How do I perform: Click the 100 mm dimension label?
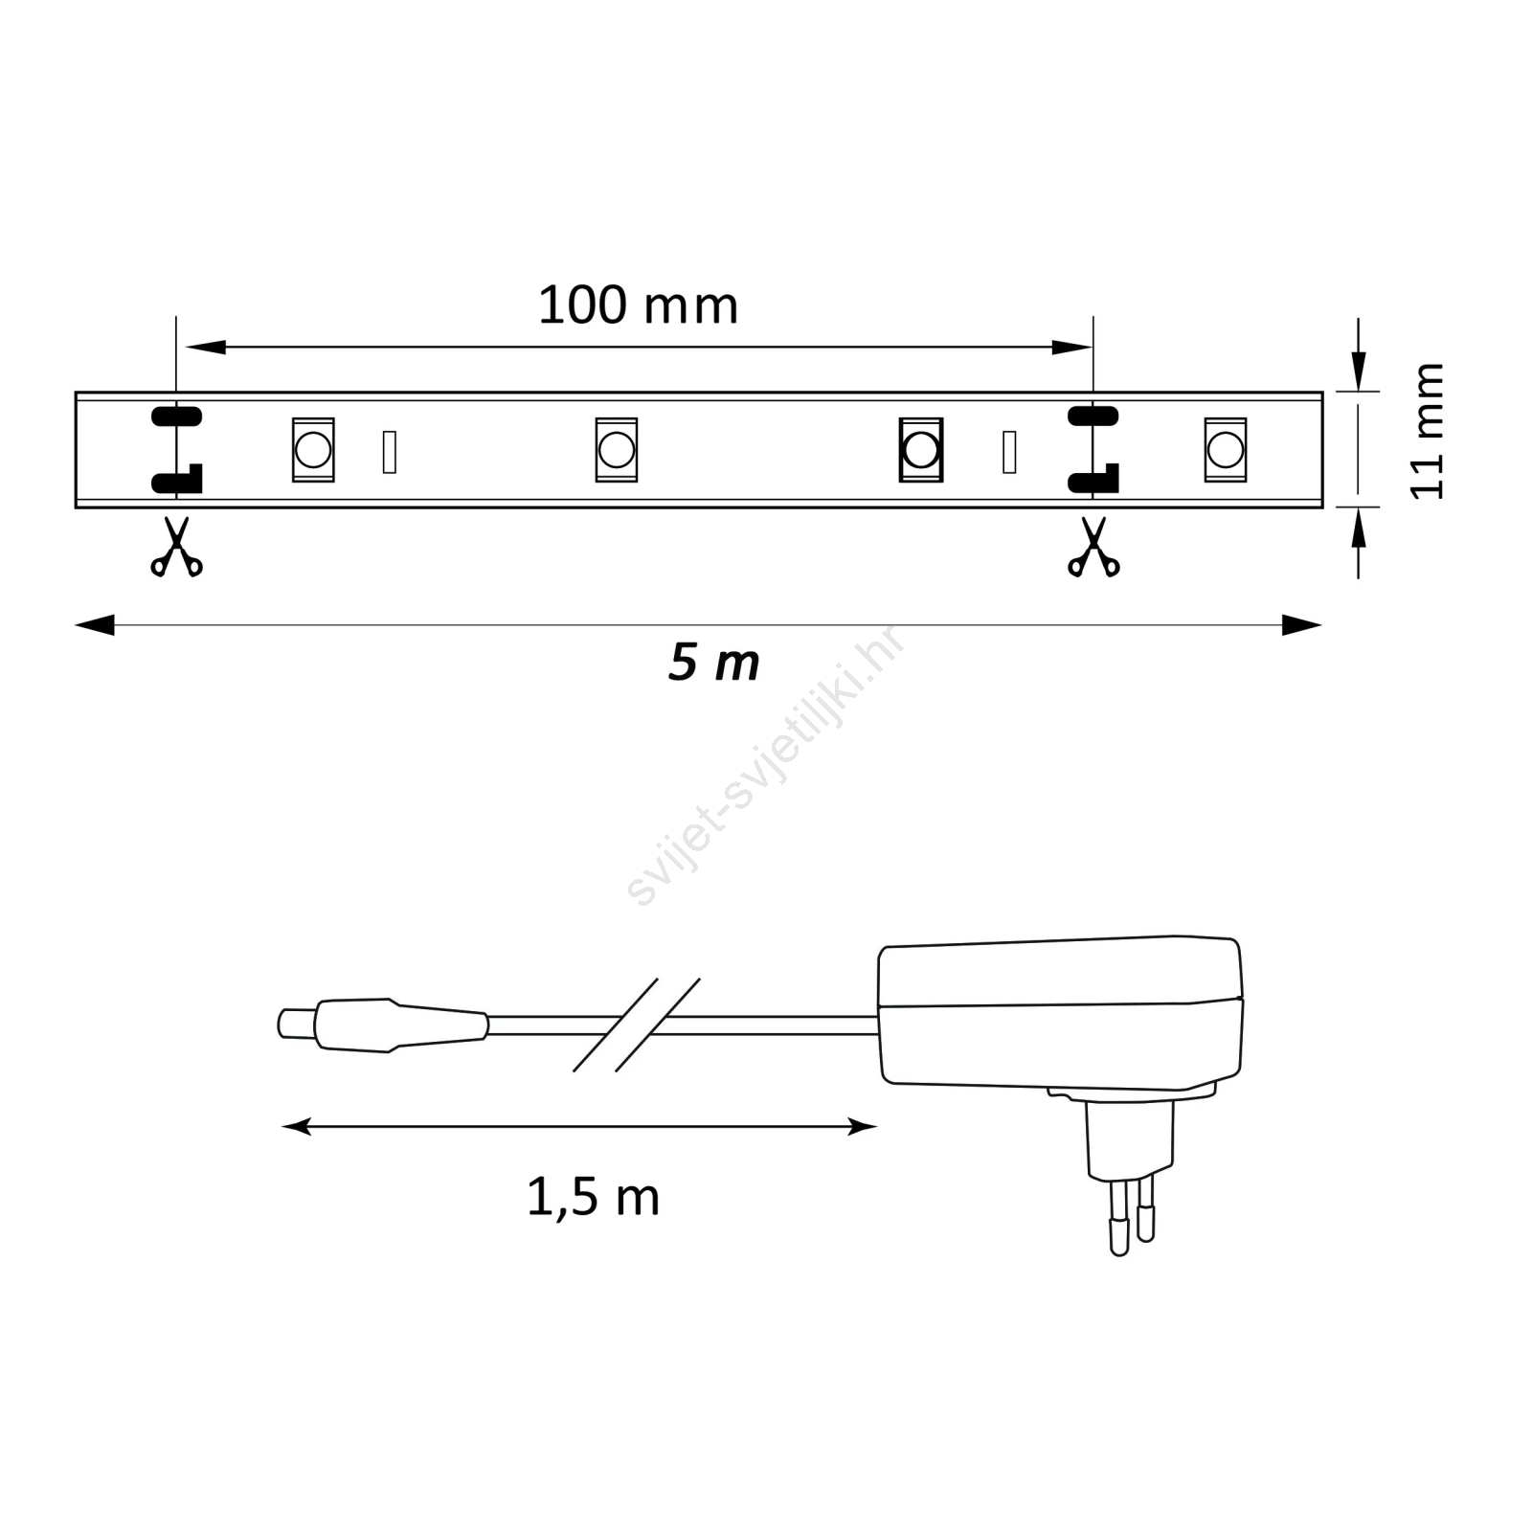[638, 306]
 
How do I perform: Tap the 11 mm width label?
[1427, 430]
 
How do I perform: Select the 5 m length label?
[713, 663]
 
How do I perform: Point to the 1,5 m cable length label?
[593, 1197]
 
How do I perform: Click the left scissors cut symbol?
[176, 548]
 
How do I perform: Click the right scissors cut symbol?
[1093, 548]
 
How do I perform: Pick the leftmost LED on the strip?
[313, 449]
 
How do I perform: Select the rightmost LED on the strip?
[1225, 449]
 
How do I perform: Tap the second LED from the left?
[616, 449]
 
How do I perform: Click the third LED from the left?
[921, 449]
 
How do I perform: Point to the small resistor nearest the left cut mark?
[389, 452]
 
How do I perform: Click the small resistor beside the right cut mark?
[1009, 452]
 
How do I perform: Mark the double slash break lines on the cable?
[637, 1025]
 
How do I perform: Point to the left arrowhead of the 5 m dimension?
[94, 626]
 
